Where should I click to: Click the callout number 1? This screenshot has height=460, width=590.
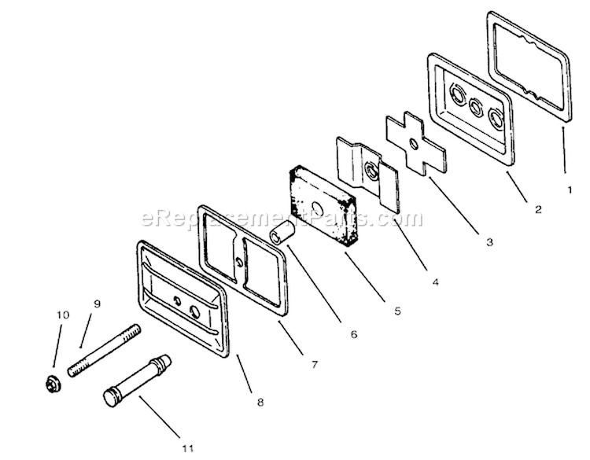(x=570, y=190)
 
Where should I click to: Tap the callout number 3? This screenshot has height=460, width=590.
(x=489, y=242)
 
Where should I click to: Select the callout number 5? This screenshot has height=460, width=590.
(x=398, y=311)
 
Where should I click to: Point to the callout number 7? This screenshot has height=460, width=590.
(x=315, y=364)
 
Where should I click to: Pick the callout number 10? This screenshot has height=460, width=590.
(x=63, y=315)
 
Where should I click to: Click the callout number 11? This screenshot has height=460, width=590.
(x=188, y=448)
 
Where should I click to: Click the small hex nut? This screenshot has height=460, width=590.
(x=51, y=385)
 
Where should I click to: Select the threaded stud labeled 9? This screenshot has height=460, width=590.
(x=105, y=350)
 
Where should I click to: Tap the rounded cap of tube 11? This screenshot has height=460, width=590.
(x=110, y=399)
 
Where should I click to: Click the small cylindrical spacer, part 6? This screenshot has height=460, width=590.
(x=282, y=233)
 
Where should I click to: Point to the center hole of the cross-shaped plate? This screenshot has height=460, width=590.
(x=414, y=144)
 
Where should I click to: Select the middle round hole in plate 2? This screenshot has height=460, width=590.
(x=476, y=107)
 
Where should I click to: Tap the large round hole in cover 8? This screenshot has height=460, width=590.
(x=195, y=312)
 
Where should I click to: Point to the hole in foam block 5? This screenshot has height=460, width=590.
(x=319, y=208)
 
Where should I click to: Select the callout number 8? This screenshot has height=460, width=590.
(x=260, y=402)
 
